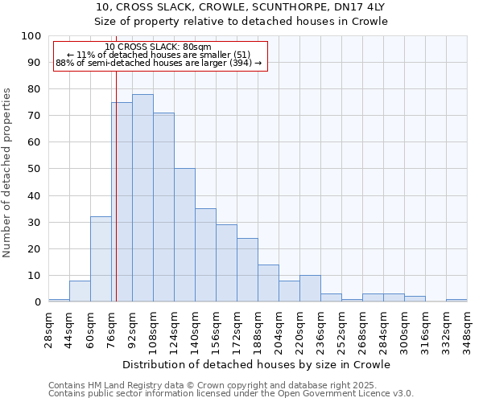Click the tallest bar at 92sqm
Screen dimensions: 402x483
142,198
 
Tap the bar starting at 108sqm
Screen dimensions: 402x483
163,207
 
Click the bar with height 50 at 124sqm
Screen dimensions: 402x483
184,235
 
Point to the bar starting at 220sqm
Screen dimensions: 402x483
310,289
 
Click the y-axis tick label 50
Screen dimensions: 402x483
34,169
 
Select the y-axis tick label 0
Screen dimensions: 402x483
37,302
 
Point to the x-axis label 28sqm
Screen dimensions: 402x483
47,330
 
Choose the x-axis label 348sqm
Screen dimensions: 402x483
466,330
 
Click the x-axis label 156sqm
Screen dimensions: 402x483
215,330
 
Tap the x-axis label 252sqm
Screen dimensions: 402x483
341,330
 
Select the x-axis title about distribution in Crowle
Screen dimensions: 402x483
258,364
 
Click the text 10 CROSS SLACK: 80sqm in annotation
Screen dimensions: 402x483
158,47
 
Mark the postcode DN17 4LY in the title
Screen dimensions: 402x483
361,7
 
